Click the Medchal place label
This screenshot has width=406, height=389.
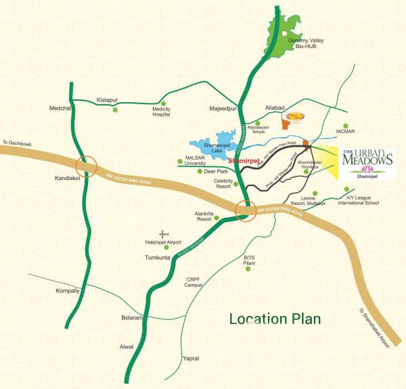click(x=60, y=108)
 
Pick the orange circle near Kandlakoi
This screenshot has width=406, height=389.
click(x=87, y=166)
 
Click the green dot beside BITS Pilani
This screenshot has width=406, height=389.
click(x=248, y=269)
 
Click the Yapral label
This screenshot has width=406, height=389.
click(x=191, y=358)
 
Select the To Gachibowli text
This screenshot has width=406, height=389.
click(x=16, y=143)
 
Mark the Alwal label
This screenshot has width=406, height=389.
click(x=127, y=346)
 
